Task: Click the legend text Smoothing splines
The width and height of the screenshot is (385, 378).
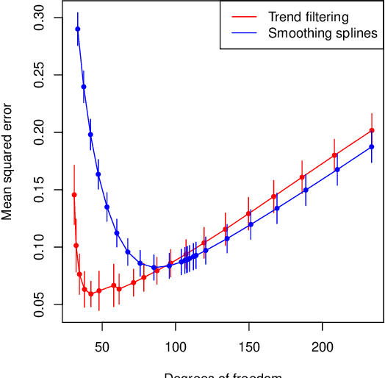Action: point(323,33)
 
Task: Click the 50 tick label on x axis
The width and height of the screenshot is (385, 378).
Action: point(102,346)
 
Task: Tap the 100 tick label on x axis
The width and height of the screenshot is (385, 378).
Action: point(176,346)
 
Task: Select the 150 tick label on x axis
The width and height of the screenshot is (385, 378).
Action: point(249,346)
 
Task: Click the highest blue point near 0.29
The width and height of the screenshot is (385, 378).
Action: point(78,29)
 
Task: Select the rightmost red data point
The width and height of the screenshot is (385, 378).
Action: point(372,130)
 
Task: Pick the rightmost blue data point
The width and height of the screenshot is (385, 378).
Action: point(372,147)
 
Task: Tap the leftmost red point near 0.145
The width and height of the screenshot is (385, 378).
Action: point(74,195)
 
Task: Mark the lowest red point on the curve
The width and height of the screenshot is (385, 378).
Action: point(91,294)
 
